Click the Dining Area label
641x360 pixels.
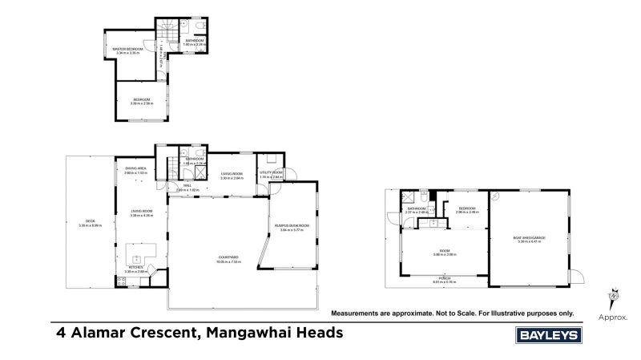coord(135,169)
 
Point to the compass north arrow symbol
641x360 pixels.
coord(615,294)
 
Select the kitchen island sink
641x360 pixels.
coord(136,257)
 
